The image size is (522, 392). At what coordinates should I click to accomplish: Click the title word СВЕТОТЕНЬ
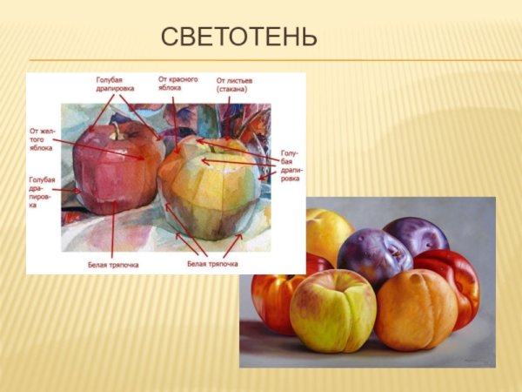(x=239, y=38)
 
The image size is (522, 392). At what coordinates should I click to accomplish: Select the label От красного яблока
(x=178, y=84)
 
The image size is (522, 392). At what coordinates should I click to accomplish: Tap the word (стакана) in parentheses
(x=232, y=89)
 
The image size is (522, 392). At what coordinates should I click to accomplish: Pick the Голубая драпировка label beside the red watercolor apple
(x=41, y=192)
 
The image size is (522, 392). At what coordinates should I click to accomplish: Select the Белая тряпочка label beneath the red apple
(x=113, y=264)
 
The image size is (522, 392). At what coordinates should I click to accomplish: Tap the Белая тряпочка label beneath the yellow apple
(x=212, y=263)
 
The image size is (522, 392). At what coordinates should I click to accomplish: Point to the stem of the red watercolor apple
(x=114, y=130)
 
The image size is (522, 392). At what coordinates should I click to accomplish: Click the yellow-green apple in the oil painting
(x=332, y=309)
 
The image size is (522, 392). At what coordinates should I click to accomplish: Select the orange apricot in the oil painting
(x=415, y=309)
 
